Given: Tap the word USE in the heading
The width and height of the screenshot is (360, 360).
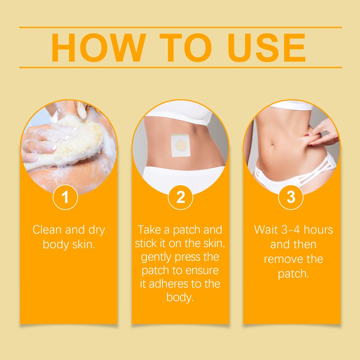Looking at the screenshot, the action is click(x=266, y=48).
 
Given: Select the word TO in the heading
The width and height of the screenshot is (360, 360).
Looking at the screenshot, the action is click(x=186, y=48).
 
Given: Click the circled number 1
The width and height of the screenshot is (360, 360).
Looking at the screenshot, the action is click(x=65, y=197).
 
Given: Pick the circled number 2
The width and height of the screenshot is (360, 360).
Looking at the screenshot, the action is click(x=180, y=197).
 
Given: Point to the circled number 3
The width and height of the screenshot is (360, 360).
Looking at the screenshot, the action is click(x=291, y=197).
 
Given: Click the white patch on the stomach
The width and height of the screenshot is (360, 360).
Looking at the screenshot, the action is click(x=180, y=146).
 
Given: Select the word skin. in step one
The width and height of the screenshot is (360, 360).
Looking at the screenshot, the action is click(x=84, y=244).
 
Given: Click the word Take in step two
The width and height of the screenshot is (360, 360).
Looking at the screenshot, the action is click(x=149, y=230).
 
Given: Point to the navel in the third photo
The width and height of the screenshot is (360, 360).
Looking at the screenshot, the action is click(x=273, y=146).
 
